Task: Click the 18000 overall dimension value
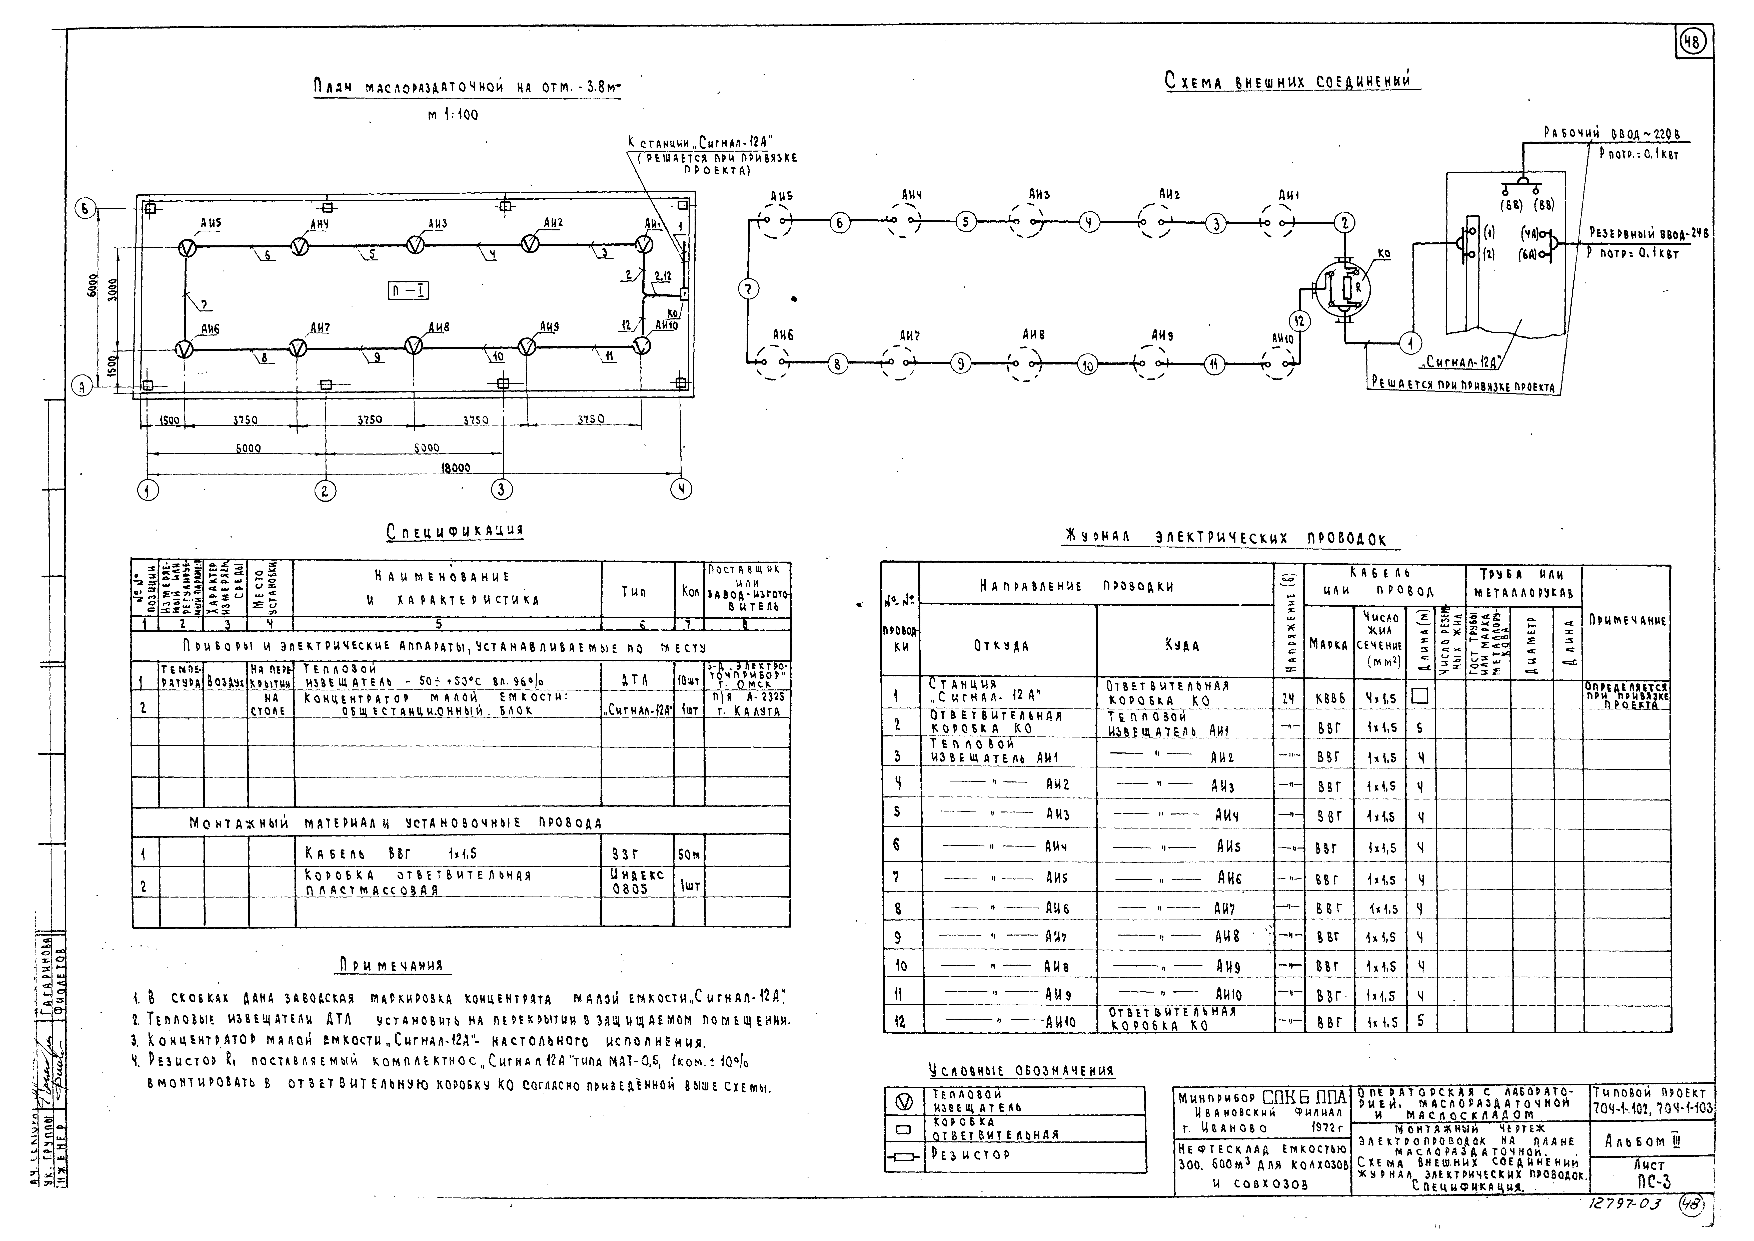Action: [x=456, y=468]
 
